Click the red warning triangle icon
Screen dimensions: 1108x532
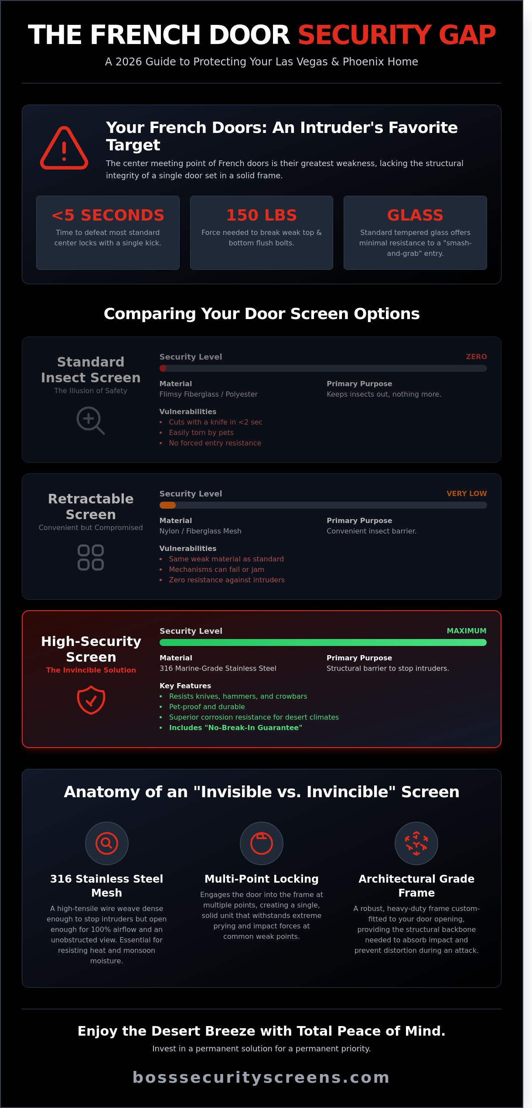64,148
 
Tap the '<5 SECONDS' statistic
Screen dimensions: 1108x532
108,215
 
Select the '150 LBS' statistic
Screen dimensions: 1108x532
262,215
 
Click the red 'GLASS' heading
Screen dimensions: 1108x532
415,215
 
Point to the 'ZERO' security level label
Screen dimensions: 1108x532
476,357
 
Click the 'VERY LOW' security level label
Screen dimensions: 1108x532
467,493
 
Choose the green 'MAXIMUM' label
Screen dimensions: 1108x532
467,631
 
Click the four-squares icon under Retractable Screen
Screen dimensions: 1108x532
91,557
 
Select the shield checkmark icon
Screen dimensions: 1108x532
91,700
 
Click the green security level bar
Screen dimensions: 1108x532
323,642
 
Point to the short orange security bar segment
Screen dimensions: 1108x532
167,505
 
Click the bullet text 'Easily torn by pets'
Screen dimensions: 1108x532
201,432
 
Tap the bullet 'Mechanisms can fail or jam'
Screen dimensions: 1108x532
217,569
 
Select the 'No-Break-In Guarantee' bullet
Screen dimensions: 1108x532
235,727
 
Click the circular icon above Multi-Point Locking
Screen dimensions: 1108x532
262,843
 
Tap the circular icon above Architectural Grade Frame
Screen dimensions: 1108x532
416,843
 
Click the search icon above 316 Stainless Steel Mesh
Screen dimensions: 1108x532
107,843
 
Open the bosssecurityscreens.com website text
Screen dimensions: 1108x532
261,1077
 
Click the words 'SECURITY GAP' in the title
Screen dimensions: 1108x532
397,35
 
